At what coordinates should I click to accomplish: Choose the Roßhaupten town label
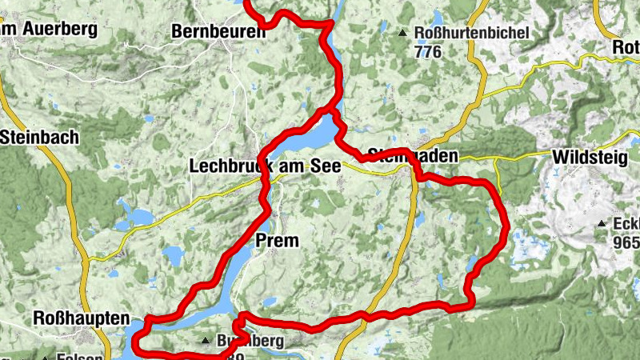[x=81, y=318]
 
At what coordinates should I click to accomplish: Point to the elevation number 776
[x=429, y=50]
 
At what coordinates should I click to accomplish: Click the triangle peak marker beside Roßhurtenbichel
[x=403, y=34]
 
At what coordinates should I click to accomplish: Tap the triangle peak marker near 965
[x=601, y=224]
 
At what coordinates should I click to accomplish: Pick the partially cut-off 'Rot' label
[x=624, y=47]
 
